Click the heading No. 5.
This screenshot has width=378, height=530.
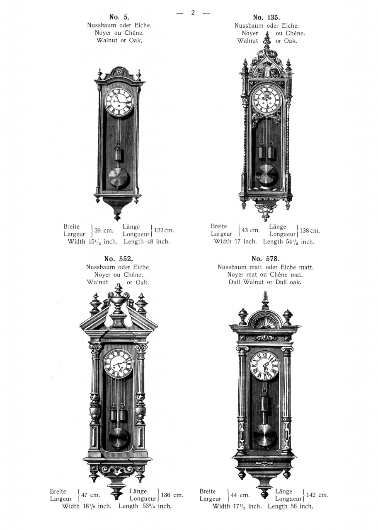(x=119, y=17)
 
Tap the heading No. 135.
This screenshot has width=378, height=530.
(x=267, y=17)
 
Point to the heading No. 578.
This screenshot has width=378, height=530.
(x=265, y=259)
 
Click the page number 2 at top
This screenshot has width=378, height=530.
(x=193, y=13)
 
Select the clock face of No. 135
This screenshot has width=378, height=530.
(x=267, y=99)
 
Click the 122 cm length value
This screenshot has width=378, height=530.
(x=164, y=231)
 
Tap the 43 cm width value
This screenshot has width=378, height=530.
(x=250, y=230)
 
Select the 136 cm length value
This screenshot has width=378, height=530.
(x=172, y=495)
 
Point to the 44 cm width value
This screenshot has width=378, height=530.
(x=240, y=495)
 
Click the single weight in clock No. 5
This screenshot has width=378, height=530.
(x=119, y=154)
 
